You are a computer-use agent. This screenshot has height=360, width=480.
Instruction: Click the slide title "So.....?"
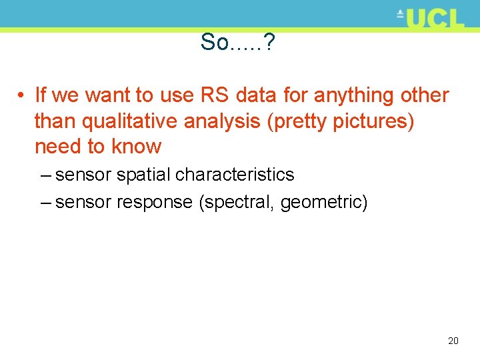pyautogui.click(x=239, y=43)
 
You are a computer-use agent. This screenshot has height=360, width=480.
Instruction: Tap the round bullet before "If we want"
pyautogui.click(x=22, y=96)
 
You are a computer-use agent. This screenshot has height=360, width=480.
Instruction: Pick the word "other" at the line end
pyautogui.click(x=425, y=95)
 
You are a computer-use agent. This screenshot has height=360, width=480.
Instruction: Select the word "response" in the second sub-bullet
pyautogui.click(x=155, y=201)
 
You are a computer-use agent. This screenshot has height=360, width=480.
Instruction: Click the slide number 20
pyautogui.click(x=453, y=341)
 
